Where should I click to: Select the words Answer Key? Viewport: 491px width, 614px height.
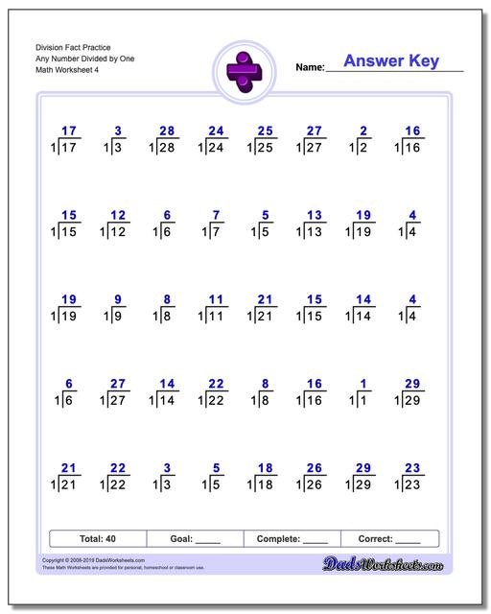[391, 61]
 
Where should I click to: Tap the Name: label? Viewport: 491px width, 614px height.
[310, 68]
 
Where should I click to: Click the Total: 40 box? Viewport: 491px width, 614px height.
[98, 538]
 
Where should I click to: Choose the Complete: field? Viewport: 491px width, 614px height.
[292, 538]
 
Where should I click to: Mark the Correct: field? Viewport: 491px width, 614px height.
[389, 538]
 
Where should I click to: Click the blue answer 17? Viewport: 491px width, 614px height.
[67, 130]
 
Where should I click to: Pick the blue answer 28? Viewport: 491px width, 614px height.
[167, 130]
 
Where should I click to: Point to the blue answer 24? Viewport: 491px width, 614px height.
[216, 130]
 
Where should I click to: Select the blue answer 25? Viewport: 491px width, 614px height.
[266, 130]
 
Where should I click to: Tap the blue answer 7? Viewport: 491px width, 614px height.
[217, 215]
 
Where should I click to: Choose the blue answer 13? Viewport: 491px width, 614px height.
[315, 215]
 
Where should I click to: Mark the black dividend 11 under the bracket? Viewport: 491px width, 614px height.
[217, 316]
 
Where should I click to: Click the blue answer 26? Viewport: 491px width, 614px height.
[315, 467]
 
